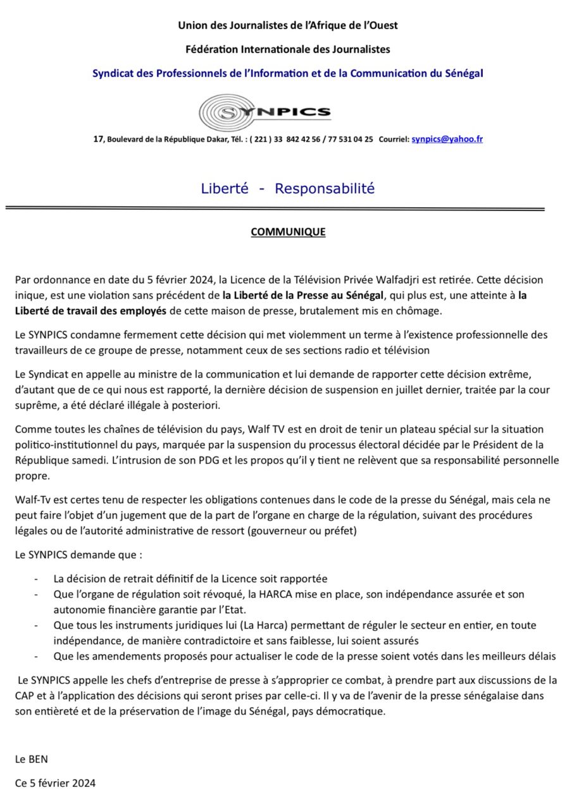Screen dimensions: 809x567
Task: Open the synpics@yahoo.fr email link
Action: click(447, 139)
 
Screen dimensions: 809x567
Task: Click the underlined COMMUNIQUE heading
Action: click(288, 232)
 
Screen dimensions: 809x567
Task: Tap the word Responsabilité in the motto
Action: click(325, 188)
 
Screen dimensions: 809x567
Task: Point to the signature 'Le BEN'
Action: click(32, 759)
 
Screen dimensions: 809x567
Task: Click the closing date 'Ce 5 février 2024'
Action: click(55, 783)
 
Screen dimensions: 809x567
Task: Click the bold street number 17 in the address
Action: click(98, 139)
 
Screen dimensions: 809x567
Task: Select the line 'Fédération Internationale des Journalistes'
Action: click(288, 49)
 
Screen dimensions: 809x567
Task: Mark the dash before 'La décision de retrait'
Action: click(37, 579)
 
